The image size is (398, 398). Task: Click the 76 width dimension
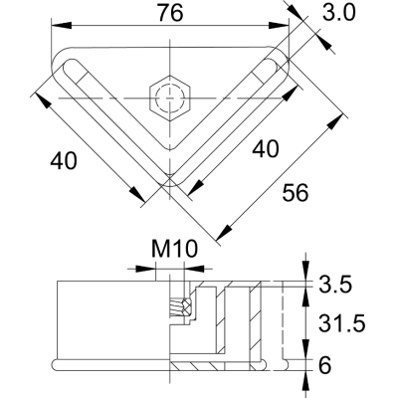171,13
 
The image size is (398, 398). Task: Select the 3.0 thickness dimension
349,14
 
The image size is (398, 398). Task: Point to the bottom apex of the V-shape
170,186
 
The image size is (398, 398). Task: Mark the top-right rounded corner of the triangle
281,60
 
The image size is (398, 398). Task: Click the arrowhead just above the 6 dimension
301,349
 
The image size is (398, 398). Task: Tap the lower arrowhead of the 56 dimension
221,236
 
